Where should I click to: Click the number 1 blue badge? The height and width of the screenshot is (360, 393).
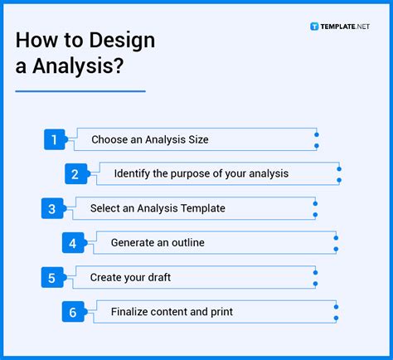click(54, 140)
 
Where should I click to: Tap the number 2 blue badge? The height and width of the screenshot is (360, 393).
click(75, 174)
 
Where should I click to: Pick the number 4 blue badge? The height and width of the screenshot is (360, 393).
click(73, 243)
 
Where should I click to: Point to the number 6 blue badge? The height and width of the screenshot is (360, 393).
click(73, 312)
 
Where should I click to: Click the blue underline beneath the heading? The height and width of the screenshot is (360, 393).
click(80, 91)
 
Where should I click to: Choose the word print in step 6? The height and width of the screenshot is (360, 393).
click(220, 312)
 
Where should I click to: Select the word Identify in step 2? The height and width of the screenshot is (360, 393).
click(133, 174)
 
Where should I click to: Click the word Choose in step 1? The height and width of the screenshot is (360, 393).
click(109, 140)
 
